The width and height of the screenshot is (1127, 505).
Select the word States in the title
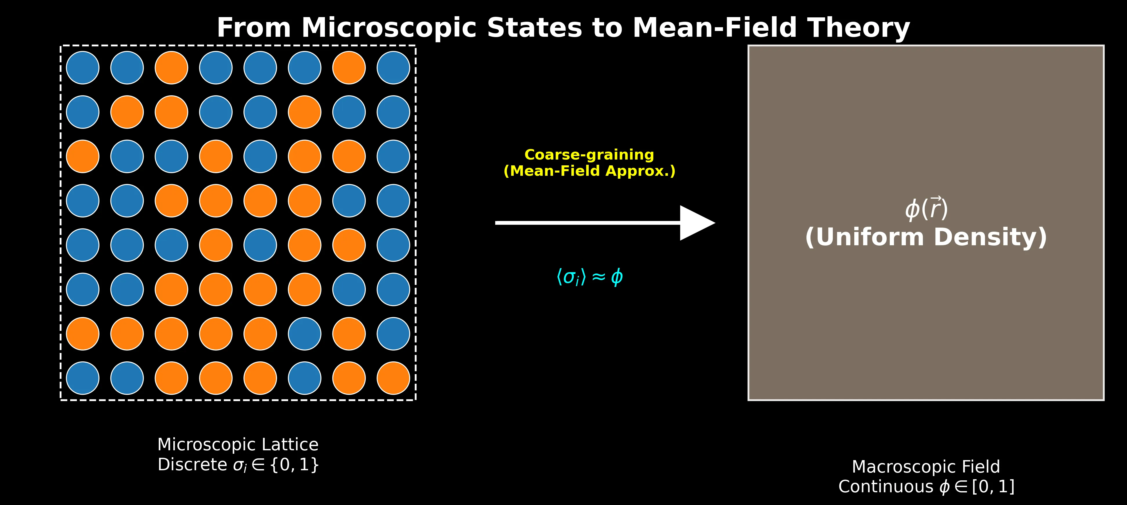coord(534,28)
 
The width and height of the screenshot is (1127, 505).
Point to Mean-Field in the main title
coord(715,28)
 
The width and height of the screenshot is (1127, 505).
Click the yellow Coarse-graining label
coord(589,155)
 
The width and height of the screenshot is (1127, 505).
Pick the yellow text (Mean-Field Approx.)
coord(589,171)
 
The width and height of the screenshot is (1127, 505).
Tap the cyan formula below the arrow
coord(589,277)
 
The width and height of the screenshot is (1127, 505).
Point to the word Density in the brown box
coord(990,238)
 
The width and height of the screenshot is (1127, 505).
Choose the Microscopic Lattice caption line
coord(238,445)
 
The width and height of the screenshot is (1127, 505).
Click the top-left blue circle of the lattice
coord(83,68)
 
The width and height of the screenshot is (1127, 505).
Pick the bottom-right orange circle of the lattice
coord(393,378)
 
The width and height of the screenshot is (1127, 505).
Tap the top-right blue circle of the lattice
coord(393,68)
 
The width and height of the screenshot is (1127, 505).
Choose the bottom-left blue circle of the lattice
coord(83,378)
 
